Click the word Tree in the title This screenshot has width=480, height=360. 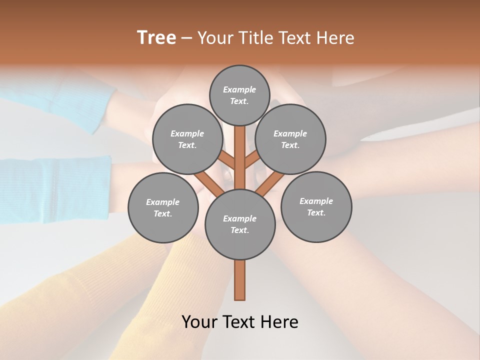pos(156,38)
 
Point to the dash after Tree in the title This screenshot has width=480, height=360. pos(186,38)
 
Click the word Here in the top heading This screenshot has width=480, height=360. pos(334,38)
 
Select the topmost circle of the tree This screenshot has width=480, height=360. pos(239,95)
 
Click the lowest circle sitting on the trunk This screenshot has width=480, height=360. pos(240,224)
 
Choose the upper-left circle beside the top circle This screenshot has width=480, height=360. pos(187,139)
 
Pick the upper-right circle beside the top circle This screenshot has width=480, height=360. pos(290,139)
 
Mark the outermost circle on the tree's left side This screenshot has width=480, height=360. pos(163,207)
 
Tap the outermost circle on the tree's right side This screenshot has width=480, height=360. pos(316,206)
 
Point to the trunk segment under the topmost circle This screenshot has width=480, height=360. pos(240,142)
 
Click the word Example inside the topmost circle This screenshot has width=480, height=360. pos(239,89)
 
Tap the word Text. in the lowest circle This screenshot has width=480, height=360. pos(239,230)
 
